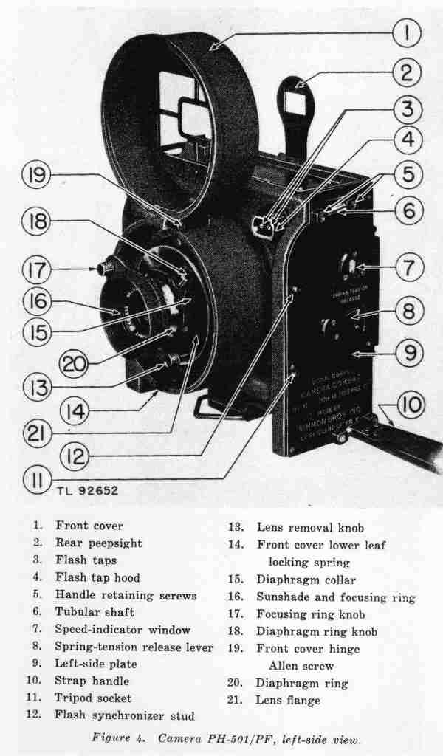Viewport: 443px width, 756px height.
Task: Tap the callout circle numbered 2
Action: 405,72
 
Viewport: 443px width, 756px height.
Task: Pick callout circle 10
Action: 411,405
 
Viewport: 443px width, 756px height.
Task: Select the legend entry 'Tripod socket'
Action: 93,698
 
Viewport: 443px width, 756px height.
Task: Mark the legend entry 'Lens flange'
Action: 288,700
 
